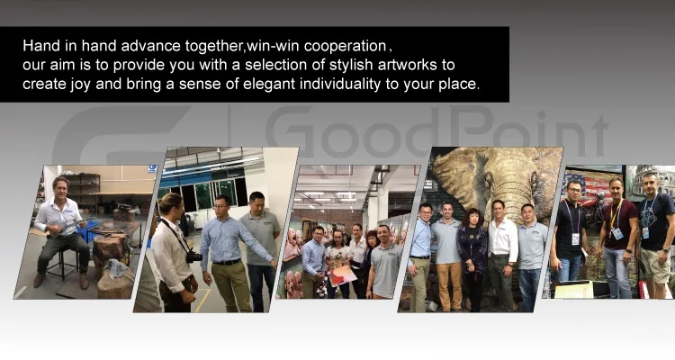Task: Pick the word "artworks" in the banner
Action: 407,65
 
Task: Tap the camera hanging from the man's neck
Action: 194,257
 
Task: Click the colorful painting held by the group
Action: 342,276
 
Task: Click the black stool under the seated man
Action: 63,262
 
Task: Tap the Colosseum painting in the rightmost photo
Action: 650,181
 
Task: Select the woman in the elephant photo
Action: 472,259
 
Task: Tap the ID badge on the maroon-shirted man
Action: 617,233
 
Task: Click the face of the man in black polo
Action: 573,191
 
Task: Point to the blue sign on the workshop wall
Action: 152,169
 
